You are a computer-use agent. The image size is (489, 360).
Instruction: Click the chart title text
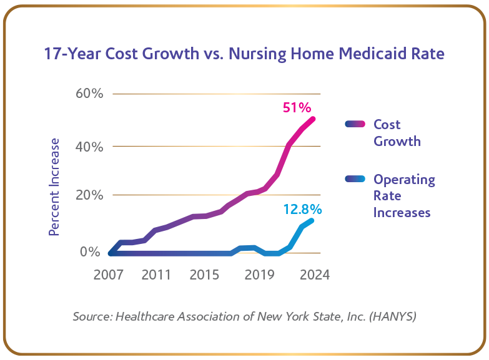click(x=244, y=54)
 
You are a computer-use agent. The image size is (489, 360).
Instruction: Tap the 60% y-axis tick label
click(x=89, y=94)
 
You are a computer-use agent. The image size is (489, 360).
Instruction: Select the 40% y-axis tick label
click(x=89, y=147)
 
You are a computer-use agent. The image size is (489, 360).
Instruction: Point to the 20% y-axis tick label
click(x=89, y=195)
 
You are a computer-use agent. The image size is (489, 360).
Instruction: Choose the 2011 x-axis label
click(x=156, y=275)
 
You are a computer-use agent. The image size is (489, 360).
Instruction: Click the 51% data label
click(x=296, y=107)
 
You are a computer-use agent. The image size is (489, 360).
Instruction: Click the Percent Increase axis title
click(x=55, y=187)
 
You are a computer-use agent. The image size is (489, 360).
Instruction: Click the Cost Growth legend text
click(x=397, y=133)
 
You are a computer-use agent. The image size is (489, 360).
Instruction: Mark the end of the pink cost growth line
click(x=313, y=119)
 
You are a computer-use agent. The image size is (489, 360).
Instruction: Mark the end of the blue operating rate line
click(x=311, y=220)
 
